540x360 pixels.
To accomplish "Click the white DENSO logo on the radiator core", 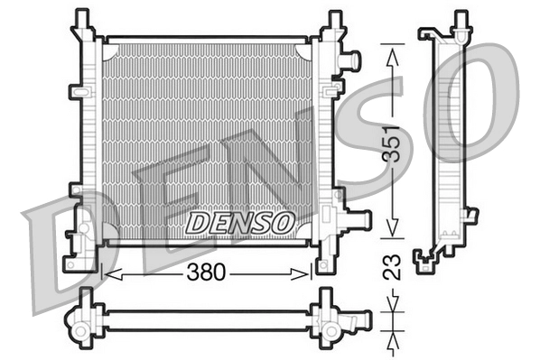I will [238, 221].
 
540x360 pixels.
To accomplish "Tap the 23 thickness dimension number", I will [391, 268].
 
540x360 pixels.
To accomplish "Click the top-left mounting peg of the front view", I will [82, 18].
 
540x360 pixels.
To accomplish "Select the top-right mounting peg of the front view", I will [335, 18].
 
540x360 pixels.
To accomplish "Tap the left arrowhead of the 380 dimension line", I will [109, 272].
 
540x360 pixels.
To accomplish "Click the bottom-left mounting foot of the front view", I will [73, 263].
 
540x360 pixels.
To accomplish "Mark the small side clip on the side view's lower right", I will [470, 214].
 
